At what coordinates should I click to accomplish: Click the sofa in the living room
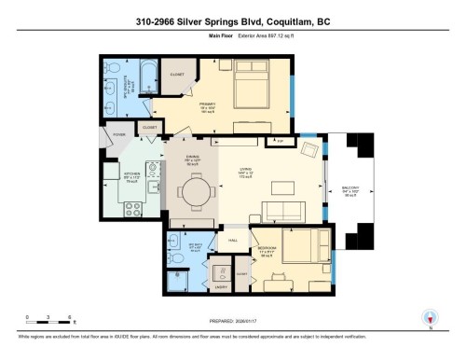tap(286, 208)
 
